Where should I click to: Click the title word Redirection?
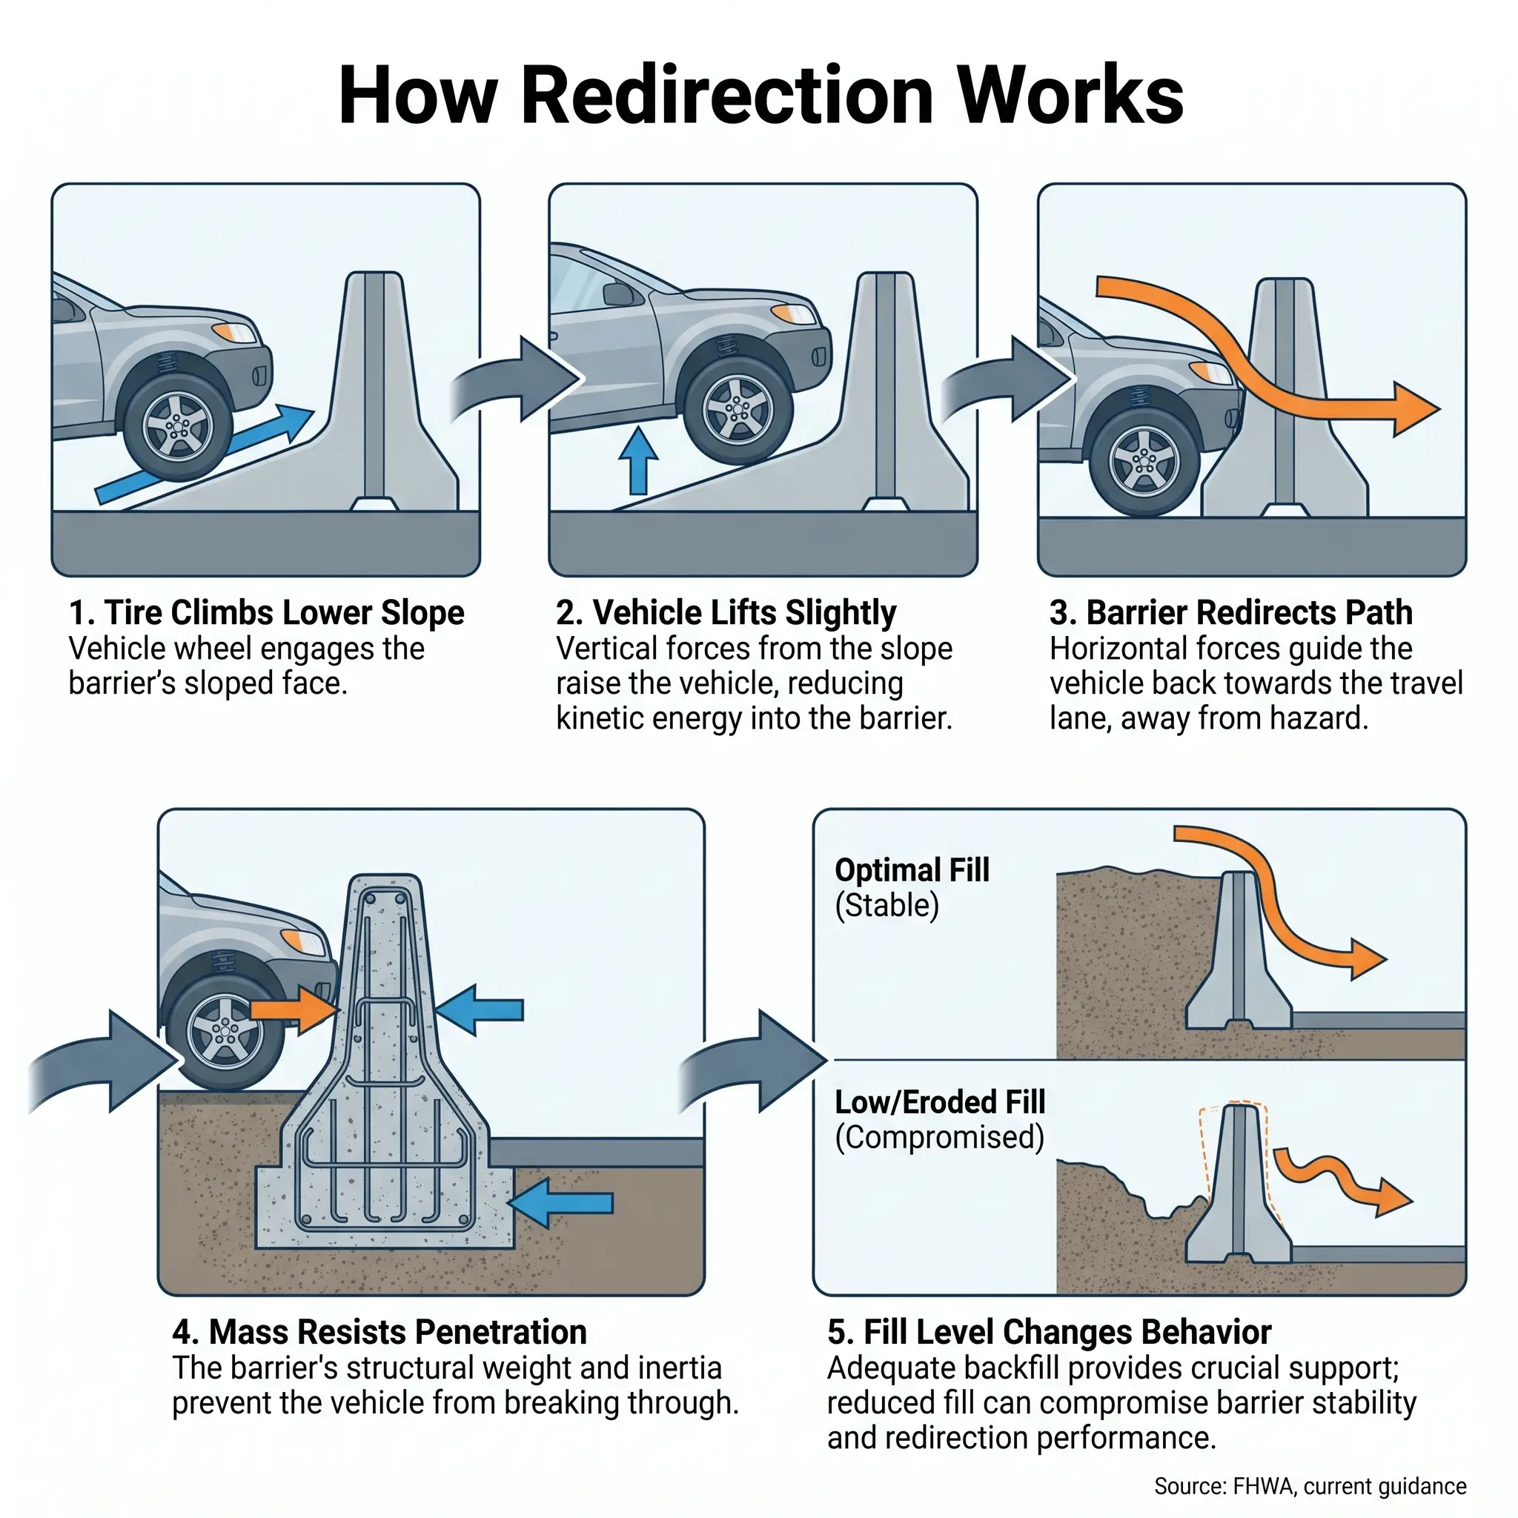(727, 96)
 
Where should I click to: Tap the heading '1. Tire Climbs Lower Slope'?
(266, 613)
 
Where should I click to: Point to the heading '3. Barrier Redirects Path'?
(1230, 613)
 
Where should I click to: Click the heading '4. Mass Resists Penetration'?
(379, 1332)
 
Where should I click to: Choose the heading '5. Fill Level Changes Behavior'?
(1049, 1332)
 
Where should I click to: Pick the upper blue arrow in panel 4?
(480, 1010)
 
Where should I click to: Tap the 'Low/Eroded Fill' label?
(940, 1102)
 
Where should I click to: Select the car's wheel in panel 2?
(737, 410)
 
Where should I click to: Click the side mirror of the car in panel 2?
(618, 295)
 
